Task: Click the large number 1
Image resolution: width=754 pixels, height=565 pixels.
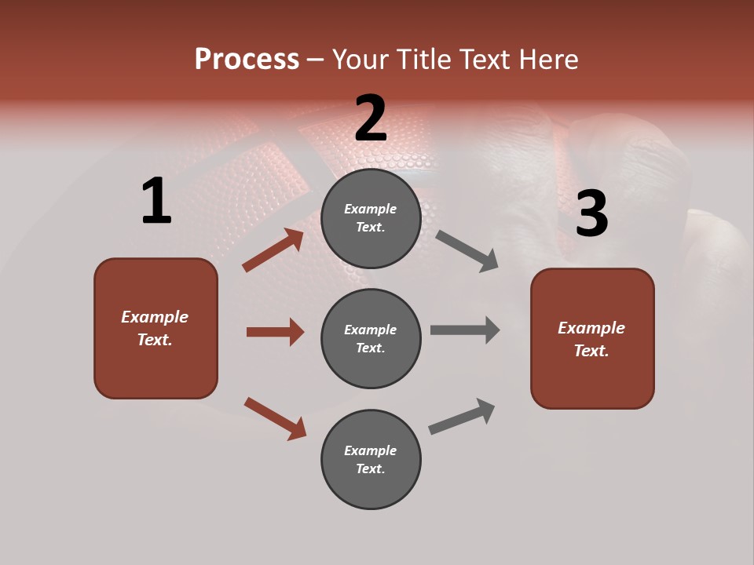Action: [156, 202]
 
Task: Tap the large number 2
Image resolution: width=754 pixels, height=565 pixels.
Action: [371, 118]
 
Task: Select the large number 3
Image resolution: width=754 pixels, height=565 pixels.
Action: [591, 213]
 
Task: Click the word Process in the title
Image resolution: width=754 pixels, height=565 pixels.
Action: [247, 60]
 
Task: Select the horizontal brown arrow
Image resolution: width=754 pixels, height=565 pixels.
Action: [275, 332]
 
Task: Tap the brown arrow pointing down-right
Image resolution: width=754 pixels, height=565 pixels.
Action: [275, 418]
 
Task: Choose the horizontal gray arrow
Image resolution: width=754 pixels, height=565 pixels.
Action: [465, 330]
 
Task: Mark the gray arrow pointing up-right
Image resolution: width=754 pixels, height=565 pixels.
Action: [462, 416]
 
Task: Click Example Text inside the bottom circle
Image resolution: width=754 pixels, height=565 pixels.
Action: [371, 460]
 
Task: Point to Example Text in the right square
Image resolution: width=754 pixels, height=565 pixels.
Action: [591, 339]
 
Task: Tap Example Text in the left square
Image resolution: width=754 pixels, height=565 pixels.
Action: [155, 328]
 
